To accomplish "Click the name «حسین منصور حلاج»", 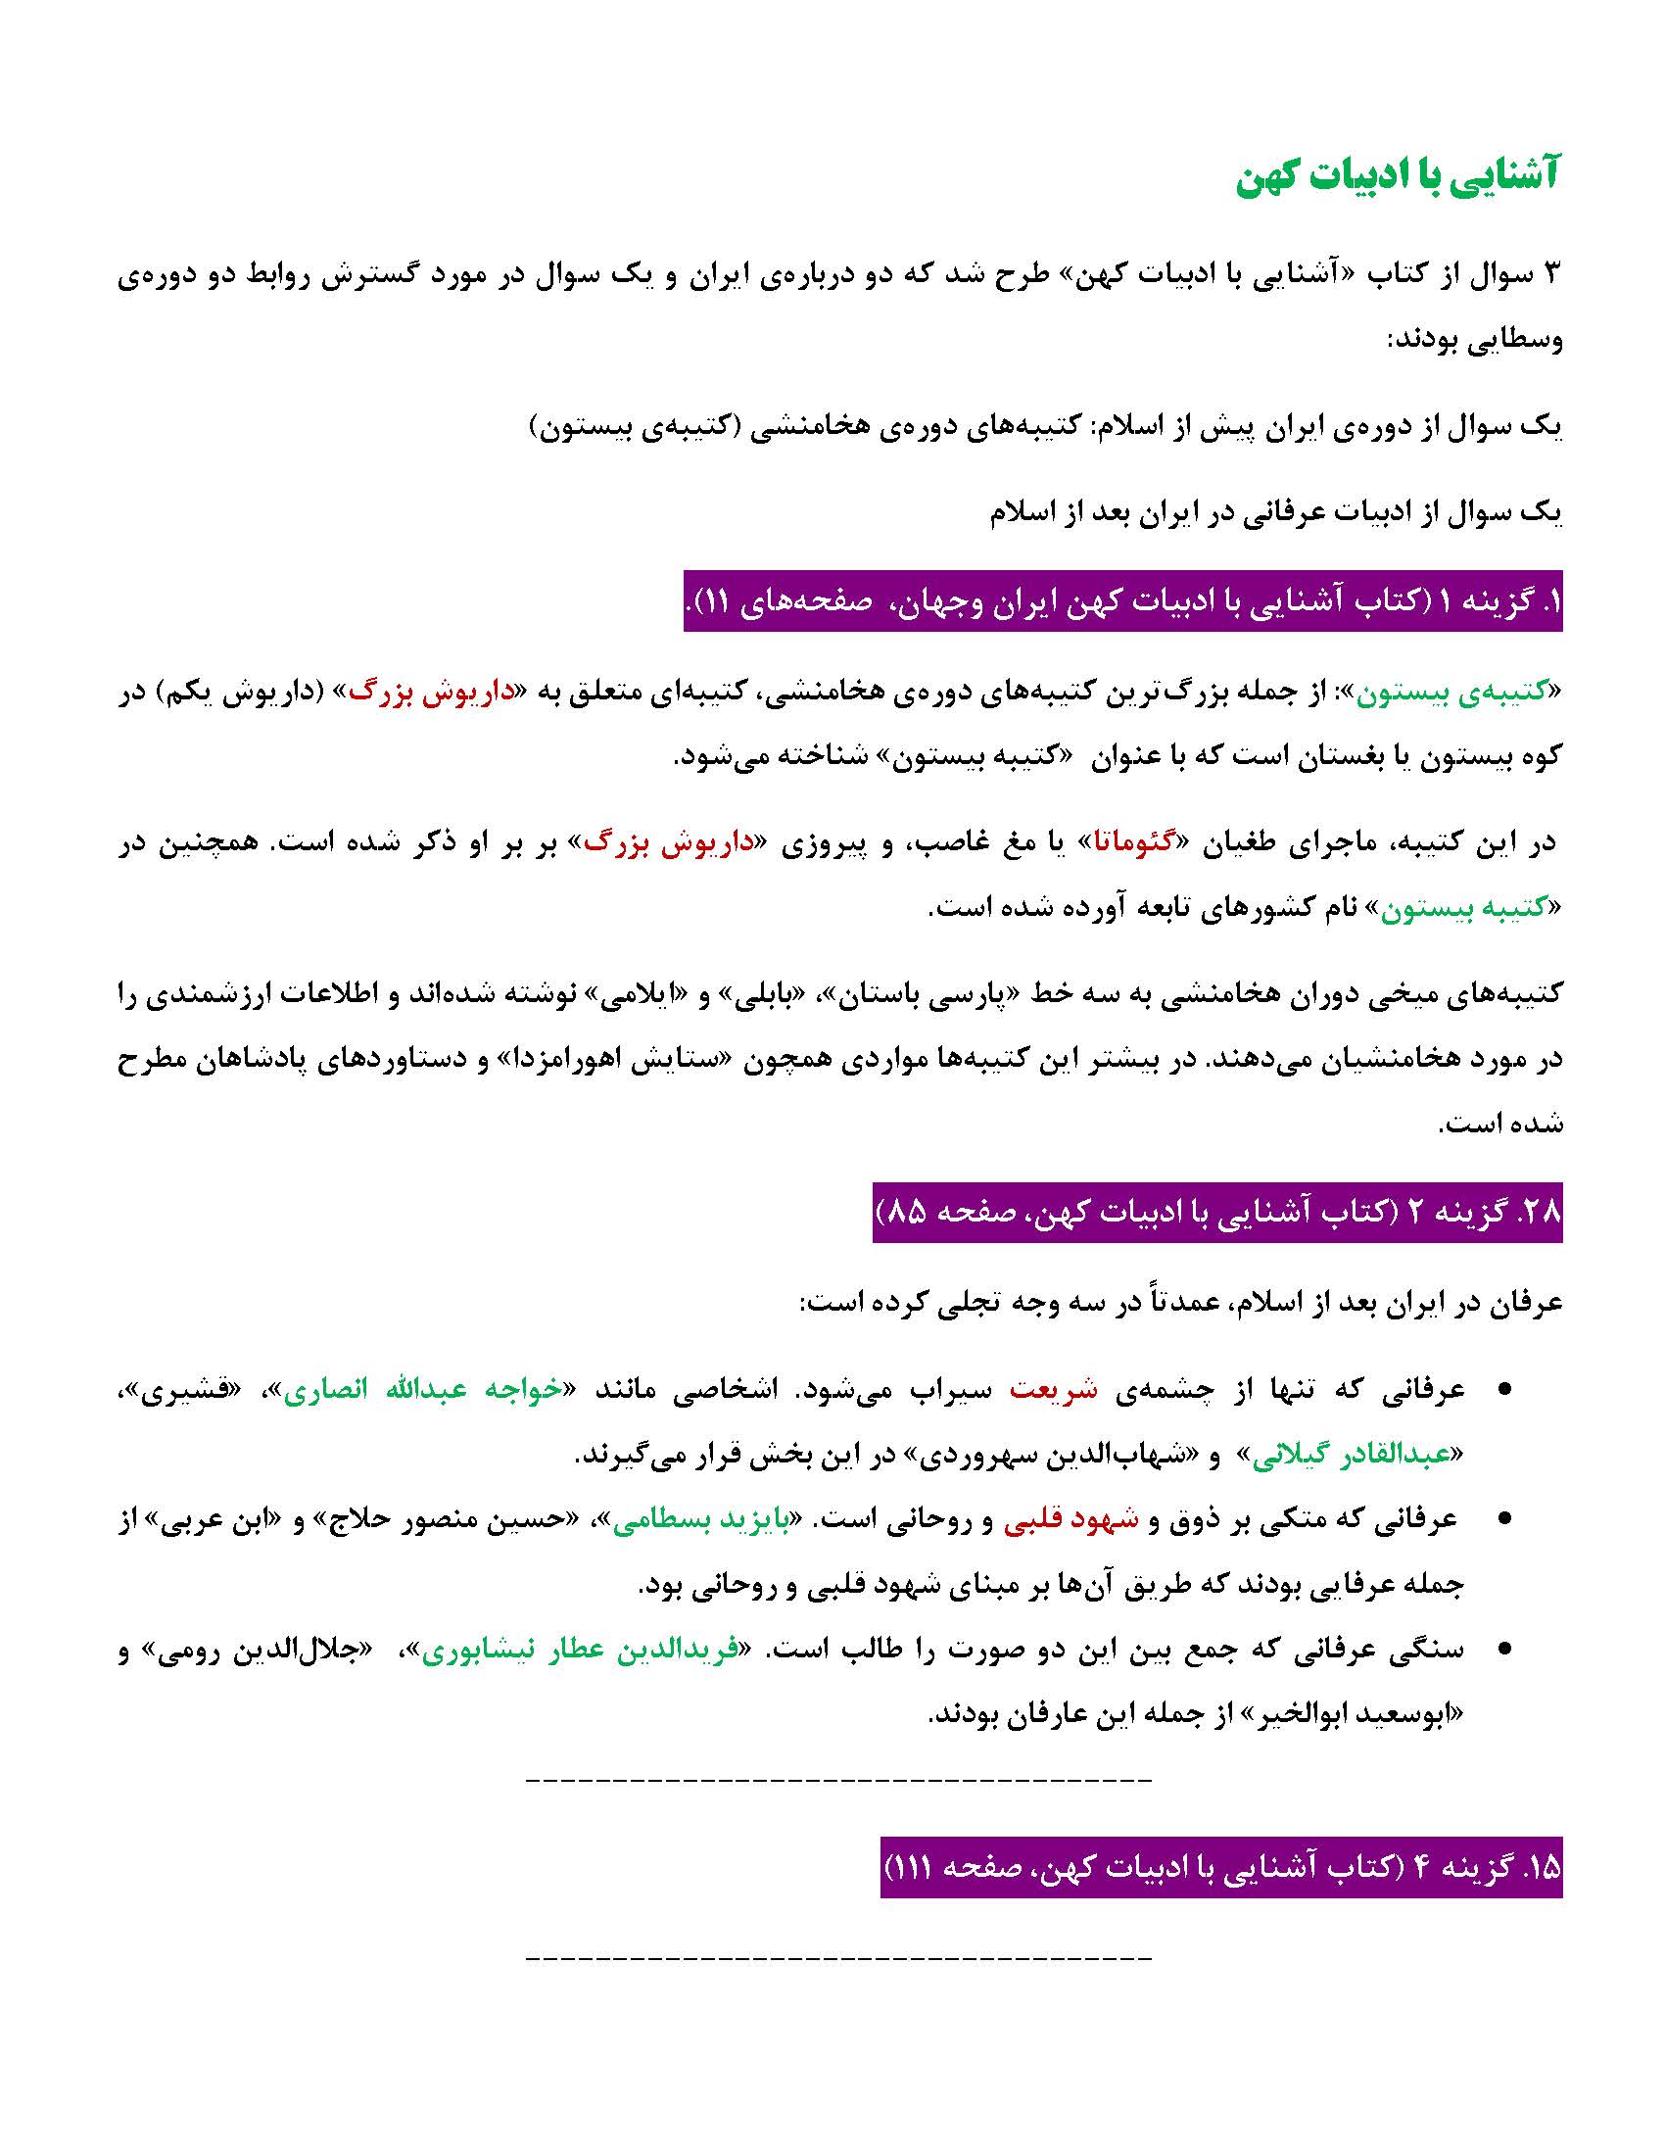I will (411, 1520).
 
